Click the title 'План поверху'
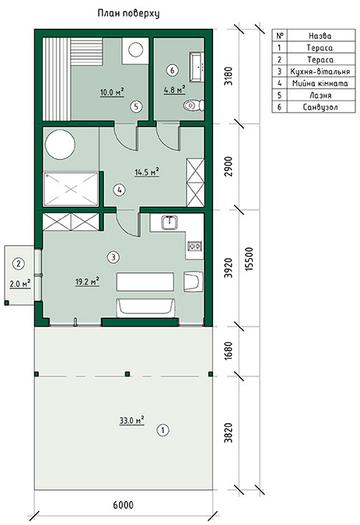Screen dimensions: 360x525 [x=128, y=13]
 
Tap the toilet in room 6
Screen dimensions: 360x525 [x=194, y=106]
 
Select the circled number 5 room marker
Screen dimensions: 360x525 [x=136, y=107]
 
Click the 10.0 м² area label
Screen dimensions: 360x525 [x=112, y=92]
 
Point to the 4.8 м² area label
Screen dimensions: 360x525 [x=175, y=89]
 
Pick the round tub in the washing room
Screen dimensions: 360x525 [x=60, y=145]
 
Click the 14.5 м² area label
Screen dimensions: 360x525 [x=146, y=172]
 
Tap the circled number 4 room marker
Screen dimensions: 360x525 [x=119, y=191]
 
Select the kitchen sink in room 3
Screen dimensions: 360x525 [x=170, y=222]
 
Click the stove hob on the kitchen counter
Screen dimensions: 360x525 [x=194, y=246]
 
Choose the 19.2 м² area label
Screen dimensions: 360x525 [x=87, y=282]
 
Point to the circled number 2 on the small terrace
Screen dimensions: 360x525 [x=19, y=264]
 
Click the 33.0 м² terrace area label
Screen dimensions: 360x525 [x=132, y=420]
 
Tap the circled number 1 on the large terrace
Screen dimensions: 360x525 [x=163, y=430]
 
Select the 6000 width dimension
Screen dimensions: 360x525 [x=123, y=505]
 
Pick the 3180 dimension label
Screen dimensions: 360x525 [x=229, y=77]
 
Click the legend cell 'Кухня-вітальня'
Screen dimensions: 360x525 [x=320, y=72]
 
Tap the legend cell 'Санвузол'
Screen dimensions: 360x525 [x=320, y=107]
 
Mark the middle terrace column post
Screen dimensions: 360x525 [x=128, y=374]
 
